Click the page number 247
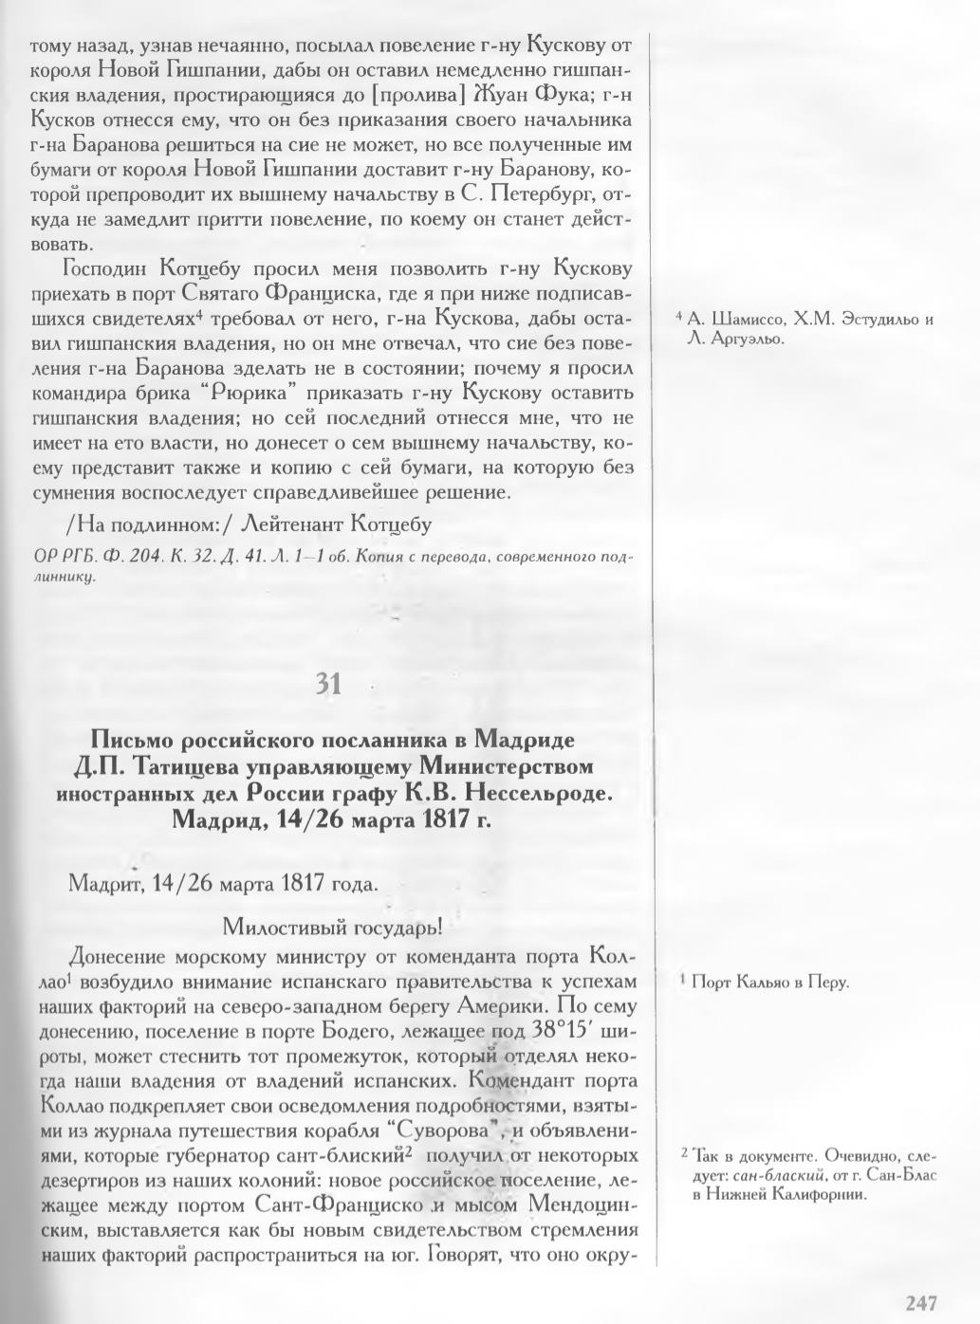click(x=921, y=1302)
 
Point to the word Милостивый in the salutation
click(x=269, y=924)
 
